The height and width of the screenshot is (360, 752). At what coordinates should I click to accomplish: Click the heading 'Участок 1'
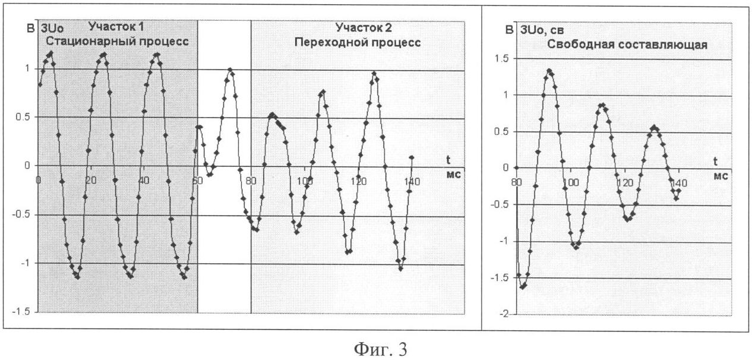(116, 27)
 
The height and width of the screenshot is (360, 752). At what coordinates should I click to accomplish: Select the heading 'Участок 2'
(364, 27)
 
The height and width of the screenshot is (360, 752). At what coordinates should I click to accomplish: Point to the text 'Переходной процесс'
(369, 43)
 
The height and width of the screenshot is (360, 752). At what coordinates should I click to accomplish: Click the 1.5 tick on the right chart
(506, 59)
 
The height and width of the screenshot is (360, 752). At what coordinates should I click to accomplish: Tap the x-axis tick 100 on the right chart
(570, 183)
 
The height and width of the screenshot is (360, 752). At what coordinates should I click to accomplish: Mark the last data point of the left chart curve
(412, 157)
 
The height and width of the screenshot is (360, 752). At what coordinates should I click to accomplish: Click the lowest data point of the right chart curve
(523, 287)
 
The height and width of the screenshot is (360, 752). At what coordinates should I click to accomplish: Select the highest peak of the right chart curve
(549, 70)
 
